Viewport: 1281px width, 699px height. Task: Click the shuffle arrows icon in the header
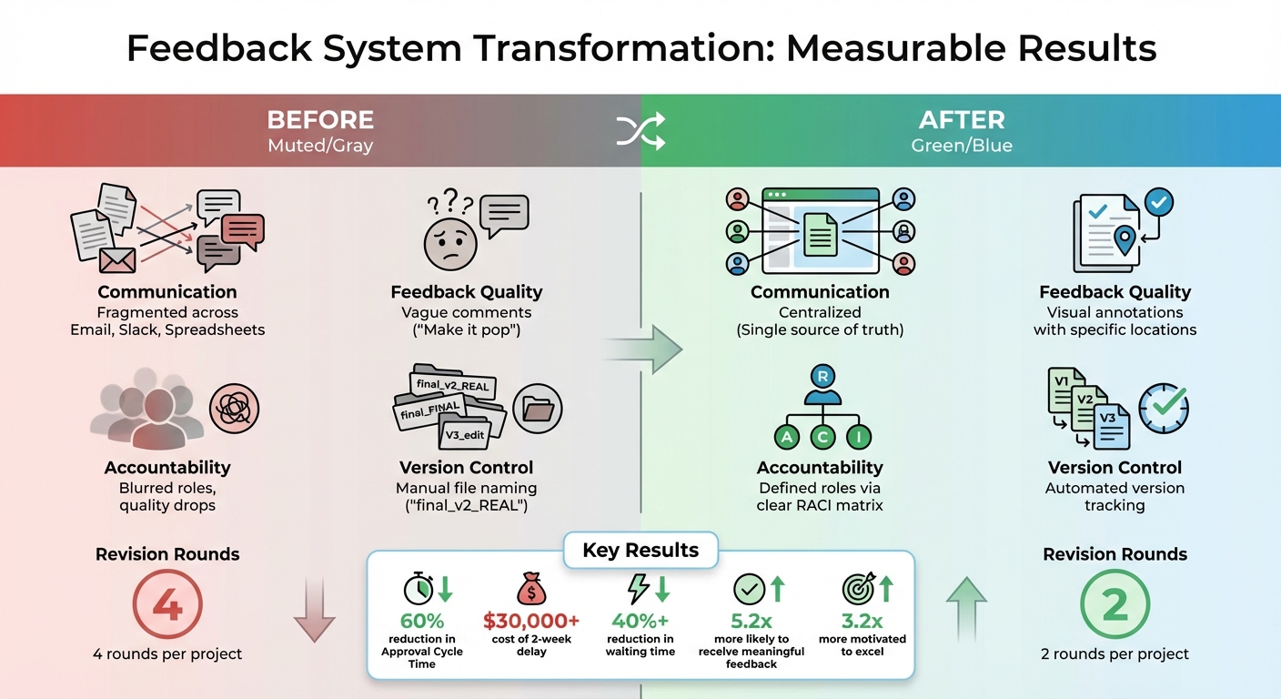coord(640,133)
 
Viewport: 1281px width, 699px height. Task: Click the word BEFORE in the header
coord(320,120)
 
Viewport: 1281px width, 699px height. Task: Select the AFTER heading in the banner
coord(961,120)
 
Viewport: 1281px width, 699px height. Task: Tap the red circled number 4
coord(167,604)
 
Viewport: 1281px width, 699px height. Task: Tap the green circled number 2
coord(1115,604)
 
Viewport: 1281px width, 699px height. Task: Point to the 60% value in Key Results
coord(422,622)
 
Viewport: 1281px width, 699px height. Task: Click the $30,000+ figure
coord(531,622)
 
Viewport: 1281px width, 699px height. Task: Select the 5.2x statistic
coord(751,622)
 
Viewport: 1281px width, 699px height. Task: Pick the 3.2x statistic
coord(862,622)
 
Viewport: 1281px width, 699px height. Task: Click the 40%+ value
coord(640,622)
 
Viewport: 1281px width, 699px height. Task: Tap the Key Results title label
coord(640,551)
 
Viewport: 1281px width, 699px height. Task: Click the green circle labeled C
coord(822,437)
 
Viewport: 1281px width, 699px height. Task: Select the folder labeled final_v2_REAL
coord(452,383)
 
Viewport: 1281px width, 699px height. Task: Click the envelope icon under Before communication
coord(117,260)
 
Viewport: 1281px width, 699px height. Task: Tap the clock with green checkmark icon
coord(1164,407)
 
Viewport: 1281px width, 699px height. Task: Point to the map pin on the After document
coord(1125,240)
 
